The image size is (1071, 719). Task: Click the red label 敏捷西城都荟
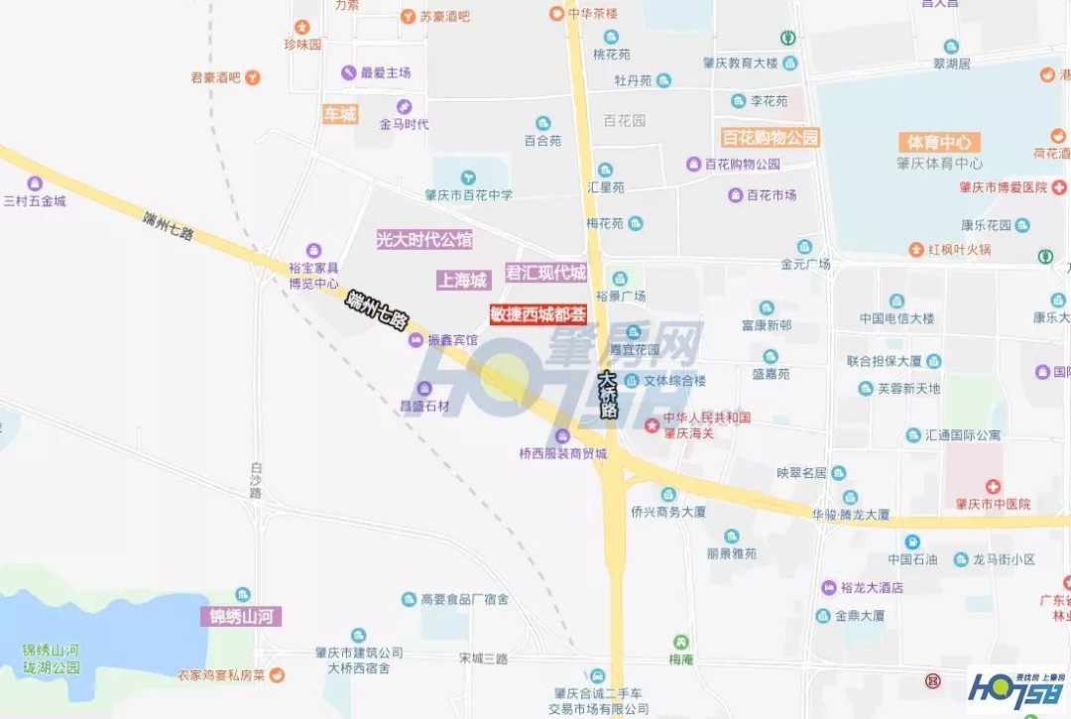[x=537, y=314]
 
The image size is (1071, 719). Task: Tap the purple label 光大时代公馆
[x=423, y=239]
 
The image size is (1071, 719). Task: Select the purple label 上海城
[x=463, y=281]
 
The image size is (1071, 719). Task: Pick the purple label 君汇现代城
[x=545, y=273]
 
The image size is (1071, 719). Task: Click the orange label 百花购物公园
[x=770, y=138]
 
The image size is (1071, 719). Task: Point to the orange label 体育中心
[x=938, y=142]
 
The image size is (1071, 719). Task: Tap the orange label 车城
[x=339, y=114]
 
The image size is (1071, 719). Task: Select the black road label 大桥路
[x=609, y=395]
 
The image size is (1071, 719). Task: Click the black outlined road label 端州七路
[x=378, y=310]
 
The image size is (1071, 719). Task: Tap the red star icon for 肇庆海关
[x=652, y=425]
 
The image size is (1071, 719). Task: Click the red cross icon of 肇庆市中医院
[x=992, y=485]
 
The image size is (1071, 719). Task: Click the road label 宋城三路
[x=483, y=659]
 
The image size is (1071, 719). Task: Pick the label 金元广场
[x=804, y=264]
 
